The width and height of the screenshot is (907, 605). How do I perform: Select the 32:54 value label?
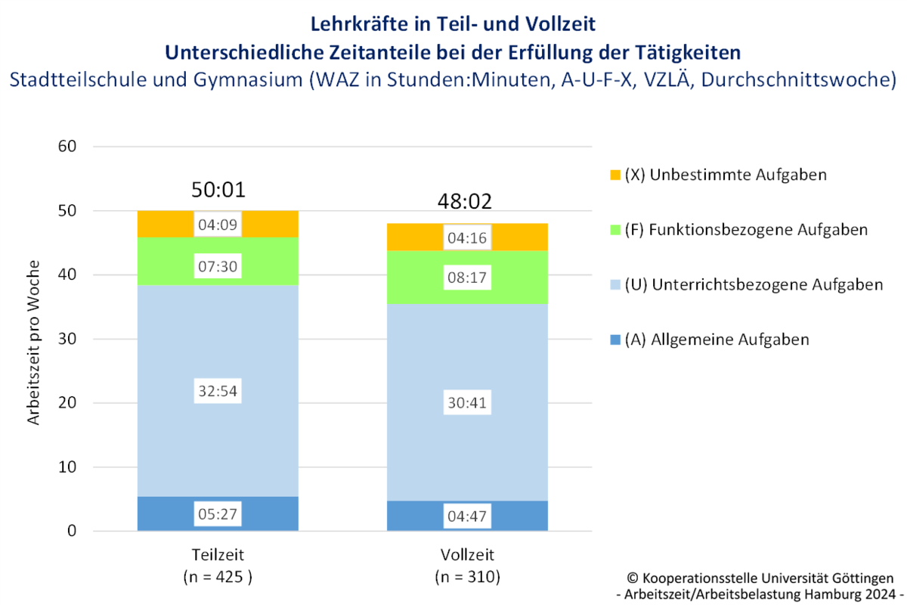(x=218, y=392)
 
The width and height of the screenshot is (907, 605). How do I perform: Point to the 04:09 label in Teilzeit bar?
(x=218, y=225)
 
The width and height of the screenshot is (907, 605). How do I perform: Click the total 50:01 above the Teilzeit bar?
(x=218, y=190)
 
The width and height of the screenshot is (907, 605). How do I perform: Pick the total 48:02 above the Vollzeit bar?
(x=467, y=203)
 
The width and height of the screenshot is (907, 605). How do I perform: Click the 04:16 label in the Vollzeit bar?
(x=467, y=239)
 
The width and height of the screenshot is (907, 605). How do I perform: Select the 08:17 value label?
(x=467, y=278)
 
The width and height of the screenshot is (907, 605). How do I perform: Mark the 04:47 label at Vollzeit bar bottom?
(x=467, y=518)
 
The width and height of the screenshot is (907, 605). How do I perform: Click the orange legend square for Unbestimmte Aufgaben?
(x=615, y=175)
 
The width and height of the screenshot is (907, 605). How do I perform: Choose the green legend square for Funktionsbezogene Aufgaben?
(x=615, y=229)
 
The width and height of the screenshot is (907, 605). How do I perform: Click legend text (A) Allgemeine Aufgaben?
(x=717, y=340)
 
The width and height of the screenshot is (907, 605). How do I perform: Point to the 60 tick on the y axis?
(x=67, y=147)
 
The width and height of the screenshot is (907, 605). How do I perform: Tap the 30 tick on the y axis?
(x=67, y=339)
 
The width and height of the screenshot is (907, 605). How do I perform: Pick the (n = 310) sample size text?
(x=467, y=577)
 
